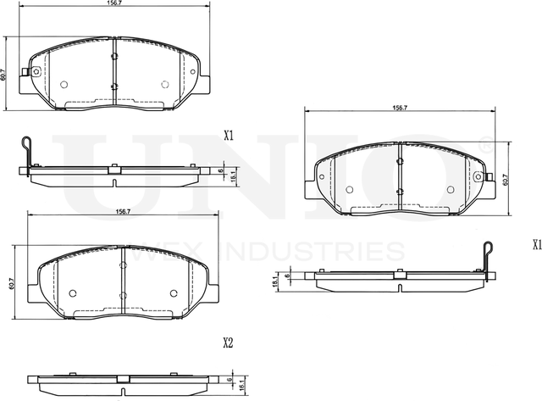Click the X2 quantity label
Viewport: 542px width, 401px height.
coord(227,343)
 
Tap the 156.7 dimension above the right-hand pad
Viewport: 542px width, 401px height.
coord(400,108)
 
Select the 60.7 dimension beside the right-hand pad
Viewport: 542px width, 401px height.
coord(505,180)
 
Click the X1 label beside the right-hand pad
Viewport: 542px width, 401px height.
coord(536,245)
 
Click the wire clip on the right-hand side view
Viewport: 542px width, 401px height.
coord(488,255)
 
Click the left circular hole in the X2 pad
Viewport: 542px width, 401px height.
coord(72,294)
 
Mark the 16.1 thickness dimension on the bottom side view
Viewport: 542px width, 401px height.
coord(241,382)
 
